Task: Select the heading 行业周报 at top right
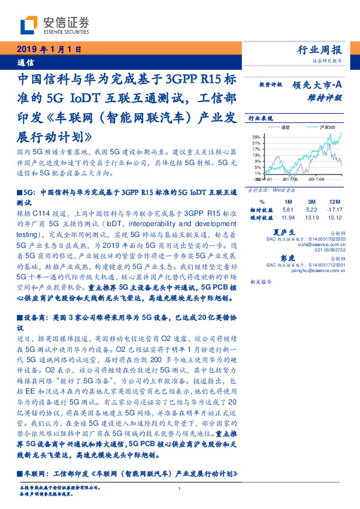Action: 320,50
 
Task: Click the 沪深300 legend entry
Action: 318,128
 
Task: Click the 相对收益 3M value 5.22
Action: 312,209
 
